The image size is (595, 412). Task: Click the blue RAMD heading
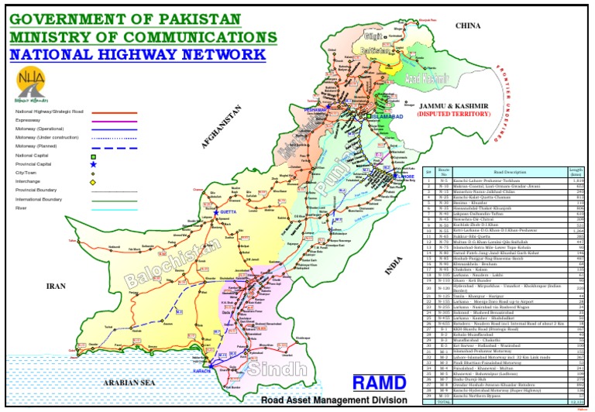click(380, 383)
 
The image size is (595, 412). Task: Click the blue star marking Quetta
click(216, 212)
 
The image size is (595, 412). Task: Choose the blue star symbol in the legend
click(93, 165)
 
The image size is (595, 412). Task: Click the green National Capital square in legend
click(93, 156)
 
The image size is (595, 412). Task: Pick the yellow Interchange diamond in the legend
click(93, 182)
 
